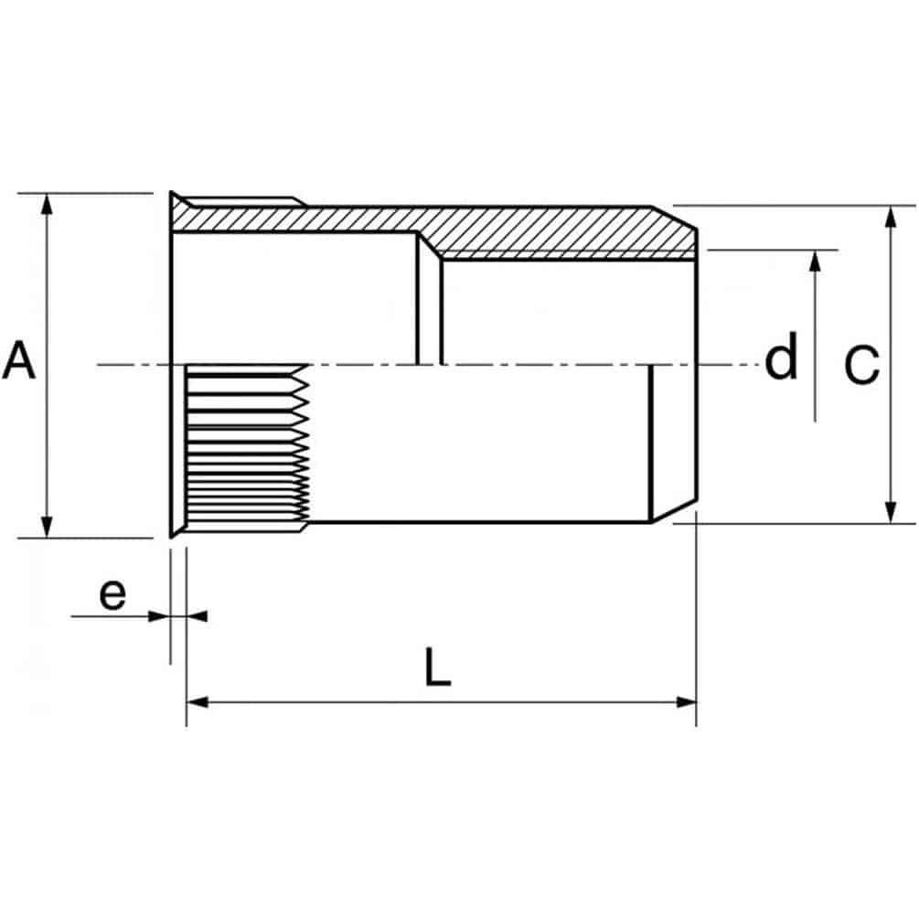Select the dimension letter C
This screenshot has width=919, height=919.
pos(861,365)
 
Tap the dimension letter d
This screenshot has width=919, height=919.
pos(781,355)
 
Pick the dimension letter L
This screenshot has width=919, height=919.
pos(438,667)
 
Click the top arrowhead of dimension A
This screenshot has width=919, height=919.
pos(47,203)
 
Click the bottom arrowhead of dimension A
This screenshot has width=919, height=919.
pos(47,528)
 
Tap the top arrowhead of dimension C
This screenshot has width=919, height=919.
pos(891,217)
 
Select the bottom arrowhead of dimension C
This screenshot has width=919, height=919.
pos(891,513)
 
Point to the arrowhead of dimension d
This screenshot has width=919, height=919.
pos(815,261)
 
